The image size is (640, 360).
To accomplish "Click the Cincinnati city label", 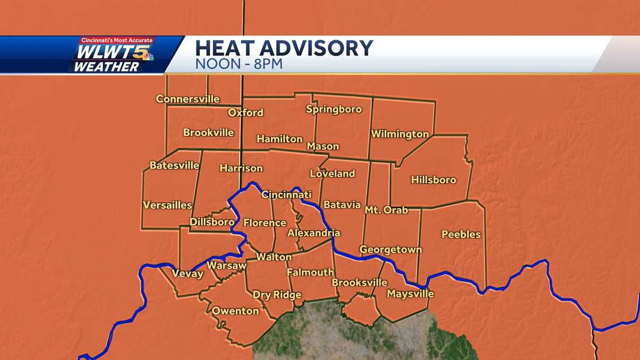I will pos(286,195).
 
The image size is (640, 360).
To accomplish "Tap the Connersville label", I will pos(188,99).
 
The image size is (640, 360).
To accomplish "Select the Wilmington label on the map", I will pos(400,134).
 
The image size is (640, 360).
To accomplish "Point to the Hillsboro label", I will pos(434,180).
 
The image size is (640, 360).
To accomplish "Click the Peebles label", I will pos(461,234).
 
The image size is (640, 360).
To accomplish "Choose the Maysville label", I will pos(410,294).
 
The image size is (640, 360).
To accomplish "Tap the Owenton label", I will pos(235,310).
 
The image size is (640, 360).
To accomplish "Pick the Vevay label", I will pos(187,274).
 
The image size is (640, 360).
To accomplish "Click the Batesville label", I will pos(174,165).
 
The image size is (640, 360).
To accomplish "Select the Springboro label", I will pos(334,109).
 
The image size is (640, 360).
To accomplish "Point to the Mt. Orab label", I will pos(386,210).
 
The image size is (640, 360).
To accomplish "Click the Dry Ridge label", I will pos(277,295).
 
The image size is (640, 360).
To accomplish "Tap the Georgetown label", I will pos(390,249).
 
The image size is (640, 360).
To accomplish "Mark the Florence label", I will pos(265,222).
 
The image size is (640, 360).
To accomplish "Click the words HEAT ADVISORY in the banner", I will pos(284,48).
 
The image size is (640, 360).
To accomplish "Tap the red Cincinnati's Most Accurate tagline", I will pos(117,41).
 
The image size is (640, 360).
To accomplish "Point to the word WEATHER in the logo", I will pos(106,67).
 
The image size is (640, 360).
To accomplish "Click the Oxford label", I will pos(245,113).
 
